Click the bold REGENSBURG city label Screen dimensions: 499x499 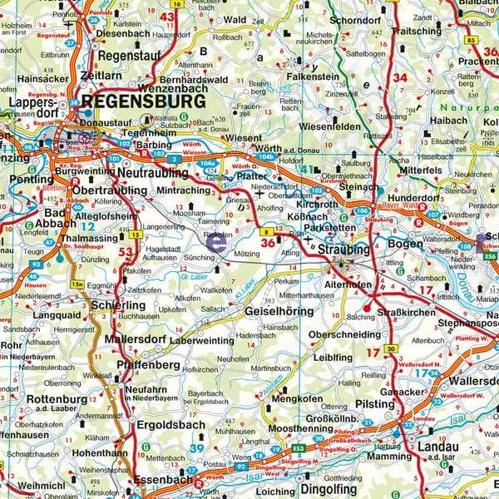[x=143, y=101]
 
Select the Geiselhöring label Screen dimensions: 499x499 [x=277, y=311]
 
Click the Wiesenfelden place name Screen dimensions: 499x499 [x=331, y=127]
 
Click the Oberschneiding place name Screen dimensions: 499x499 [x=345, y=335]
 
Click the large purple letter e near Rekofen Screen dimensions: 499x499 [x=216, y=243]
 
